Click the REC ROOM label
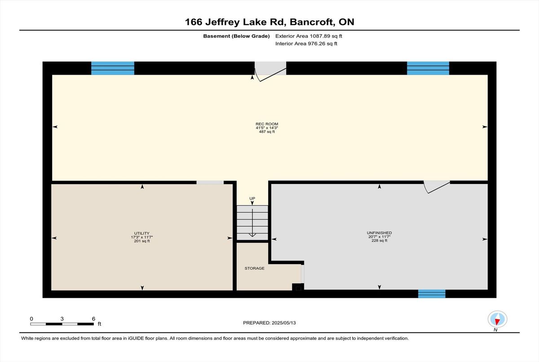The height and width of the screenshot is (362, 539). pyautogui.click(x=267, y=124)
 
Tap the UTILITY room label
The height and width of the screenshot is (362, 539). pyautogui.click(x=142, y=233)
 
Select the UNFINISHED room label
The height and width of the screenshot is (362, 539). pyautogui.click(x=379, y=232)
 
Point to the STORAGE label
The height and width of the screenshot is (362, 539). pyautogui.click(x=254, y=268)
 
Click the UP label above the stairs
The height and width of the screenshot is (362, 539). pyautogui.click(x=252, y=198)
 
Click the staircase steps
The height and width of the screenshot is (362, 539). pyautogui.click(x=252, y=223)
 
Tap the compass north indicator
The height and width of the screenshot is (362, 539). pyautogui.click(x=497, y=319)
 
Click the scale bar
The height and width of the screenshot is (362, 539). pyautogui.click(x=62, y=324)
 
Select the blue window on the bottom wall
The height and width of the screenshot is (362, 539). pyautogui.click(x=432, y=294)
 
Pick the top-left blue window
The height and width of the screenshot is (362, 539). pyautogui.click(x=113, y=68)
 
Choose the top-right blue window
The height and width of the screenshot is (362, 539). pyautogui.click(x=428, y=68)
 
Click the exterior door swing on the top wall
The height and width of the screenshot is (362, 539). pyautogui.click(x=270, y=72)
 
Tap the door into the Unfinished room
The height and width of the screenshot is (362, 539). pyautogui.click(x=437, y=187)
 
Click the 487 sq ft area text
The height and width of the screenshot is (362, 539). pyautogui.click(x=267, y=132)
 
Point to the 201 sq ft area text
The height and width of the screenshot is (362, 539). pyautogui.click(x=142, y=241)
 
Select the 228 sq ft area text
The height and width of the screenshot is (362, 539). pyautogui.click(x=379, y=241)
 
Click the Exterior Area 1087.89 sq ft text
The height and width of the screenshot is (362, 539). pyautogui.click(x=309, y=36)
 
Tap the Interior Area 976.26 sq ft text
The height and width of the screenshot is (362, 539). pyautogui.click(x=306, y=44)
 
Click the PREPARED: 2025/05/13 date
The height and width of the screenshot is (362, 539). pyautogui.click(x=269, y=323)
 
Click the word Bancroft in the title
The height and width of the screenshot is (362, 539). pyautogui.click(x=312, y=22)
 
